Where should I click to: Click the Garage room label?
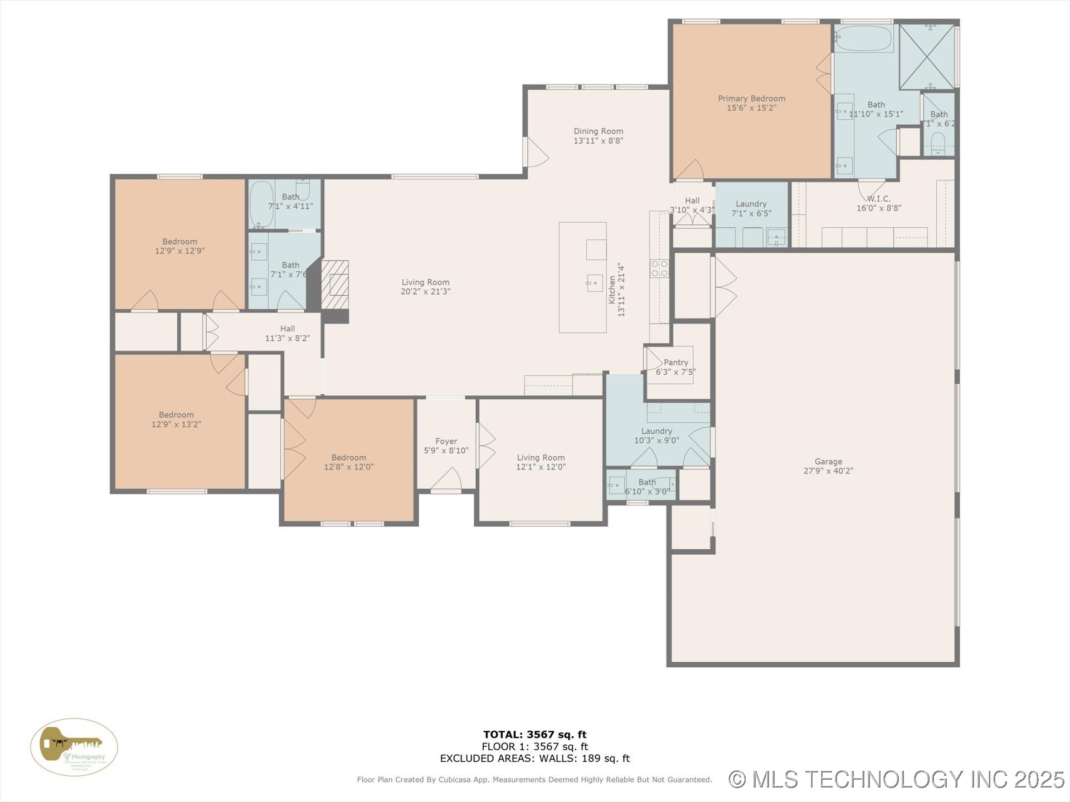828,462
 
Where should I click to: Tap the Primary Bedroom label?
751,99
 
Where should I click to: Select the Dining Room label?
598,131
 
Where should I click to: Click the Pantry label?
675,363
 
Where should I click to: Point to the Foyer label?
446,441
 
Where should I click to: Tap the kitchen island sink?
595,283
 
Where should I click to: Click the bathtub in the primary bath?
863,38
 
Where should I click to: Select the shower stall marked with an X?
926,56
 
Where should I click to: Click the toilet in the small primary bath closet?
938,144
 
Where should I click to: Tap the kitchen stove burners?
659,268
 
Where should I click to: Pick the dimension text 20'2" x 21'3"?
425,292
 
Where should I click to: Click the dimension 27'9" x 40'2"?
828,471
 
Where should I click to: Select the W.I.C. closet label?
878,199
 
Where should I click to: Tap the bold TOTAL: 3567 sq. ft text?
534,735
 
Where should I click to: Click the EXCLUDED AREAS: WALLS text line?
534,759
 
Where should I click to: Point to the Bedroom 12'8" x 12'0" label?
349,458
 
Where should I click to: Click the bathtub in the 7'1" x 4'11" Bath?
261,204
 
